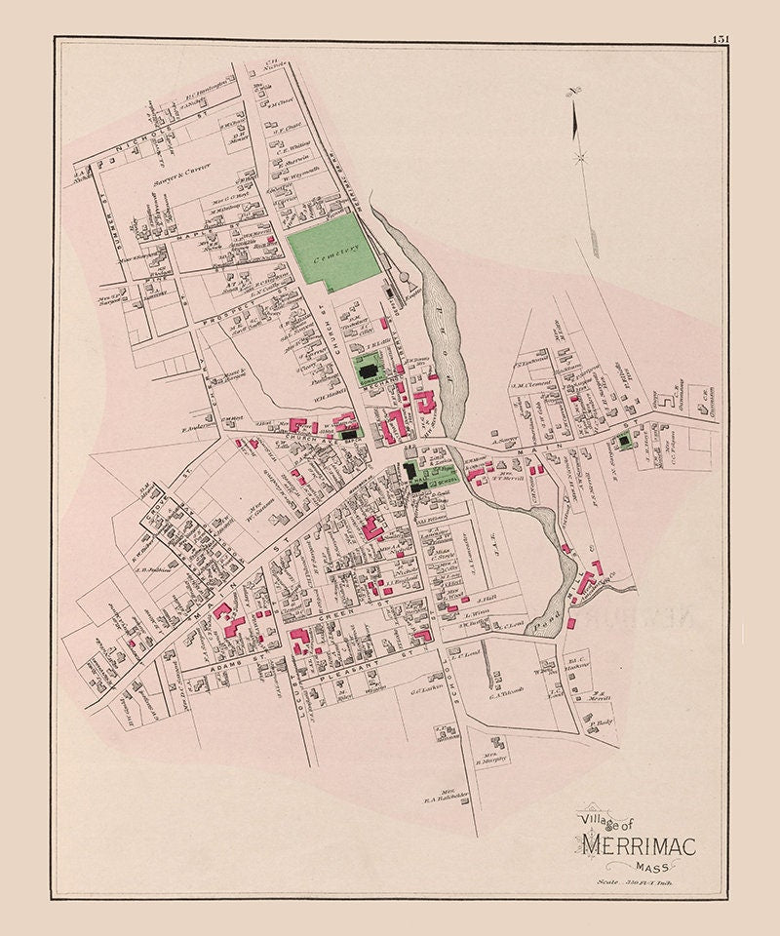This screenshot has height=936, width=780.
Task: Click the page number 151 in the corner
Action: coord(721,39)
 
